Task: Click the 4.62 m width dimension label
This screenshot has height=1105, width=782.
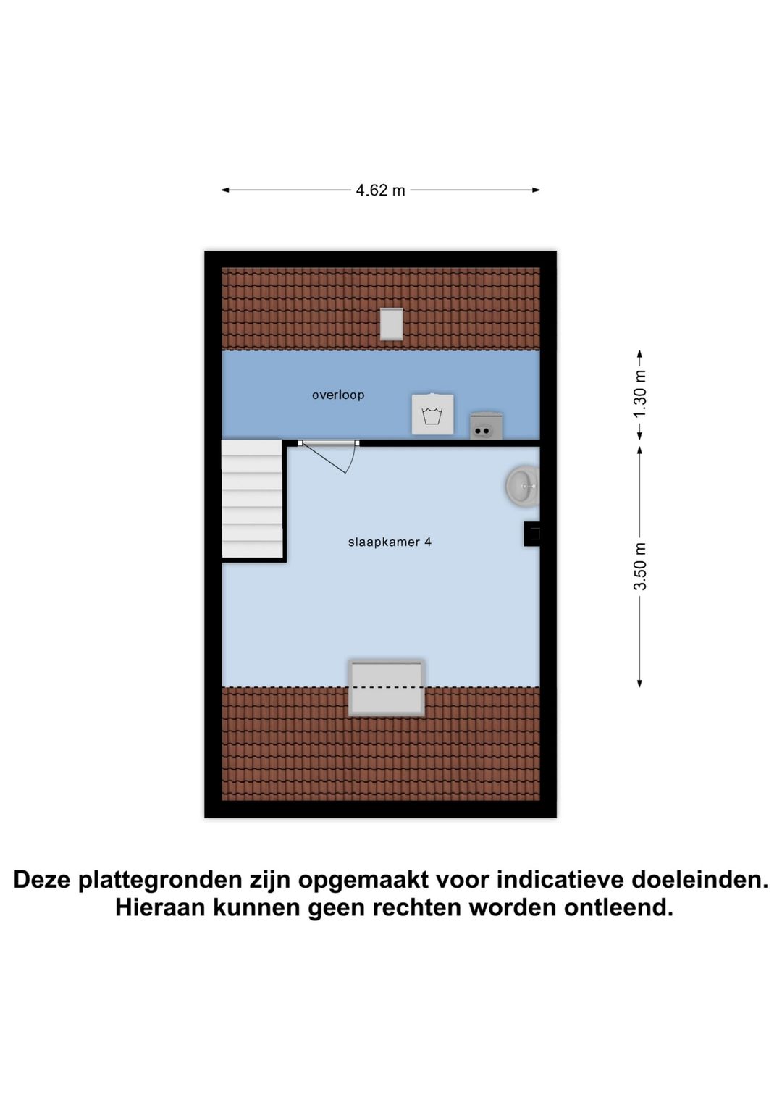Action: (x=380, y=190)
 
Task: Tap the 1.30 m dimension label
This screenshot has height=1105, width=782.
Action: (x=640, y=395)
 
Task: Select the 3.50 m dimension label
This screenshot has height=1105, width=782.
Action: (x=640, y=566)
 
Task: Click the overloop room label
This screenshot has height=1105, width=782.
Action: (x=338, y=395)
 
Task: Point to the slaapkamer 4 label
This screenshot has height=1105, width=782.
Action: (x=390, y=542)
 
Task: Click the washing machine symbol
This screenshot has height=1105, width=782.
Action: (x=432, y=414)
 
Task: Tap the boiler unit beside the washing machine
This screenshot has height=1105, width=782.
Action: (x=486, y=426)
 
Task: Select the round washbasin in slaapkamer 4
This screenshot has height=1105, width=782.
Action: (x=522, y=486)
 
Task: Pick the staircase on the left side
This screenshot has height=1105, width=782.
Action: (x=251, y=499)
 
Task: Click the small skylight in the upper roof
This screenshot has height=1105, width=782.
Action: (x=391, y=324)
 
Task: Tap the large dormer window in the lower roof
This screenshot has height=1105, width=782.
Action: (x=387, y=687)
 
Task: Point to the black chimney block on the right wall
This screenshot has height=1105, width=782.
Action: (x=532, y=534)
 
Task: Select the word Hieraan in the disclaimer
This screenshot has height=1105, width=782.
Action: (x=161, y=907)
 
